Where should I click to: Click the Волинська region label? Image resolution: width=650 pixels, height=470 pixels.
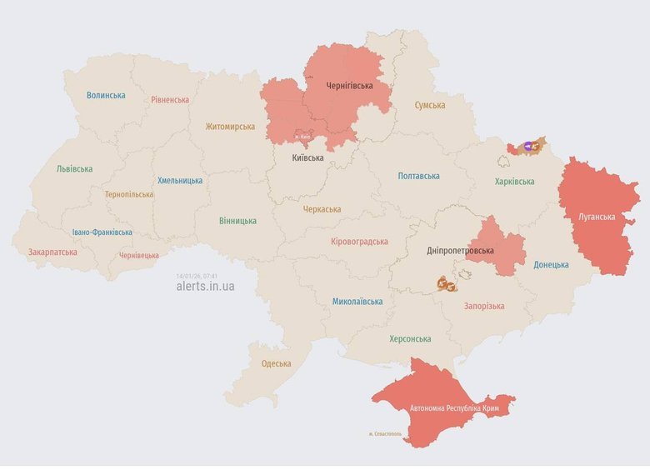[106, 95]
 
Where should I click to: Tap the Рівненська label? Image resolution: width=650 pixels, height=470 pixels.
[170, 100]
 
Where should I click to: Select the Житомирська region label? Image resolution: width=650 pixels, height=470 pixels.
[231, 127]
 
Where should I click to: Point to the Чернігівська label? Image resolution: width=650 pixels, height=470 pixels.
[348, 85]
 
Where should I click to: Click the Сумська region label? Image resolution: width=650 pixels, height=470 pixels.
[430, 105]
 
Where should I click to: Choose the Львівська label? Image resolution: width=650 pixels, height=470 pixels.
[74, 168]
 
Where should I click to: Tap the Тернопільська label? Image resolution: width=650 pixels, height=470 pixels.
[129, 194]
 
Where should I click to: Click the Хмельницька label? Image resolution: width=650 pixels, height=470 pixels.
[180, 180]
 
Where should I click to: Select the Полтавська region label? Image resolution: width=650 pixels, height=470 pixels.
[418, 176]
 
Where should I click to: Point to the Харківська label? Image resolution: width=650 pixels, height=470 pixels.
[515, 181]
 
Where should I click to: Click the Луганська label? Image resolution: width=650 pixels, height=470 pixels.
[597, 217]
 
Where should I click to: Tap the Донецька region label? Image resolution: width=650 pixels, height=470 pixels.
[551, 264]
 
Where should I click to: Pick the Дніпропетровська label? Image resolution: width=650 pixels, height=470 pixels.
[460, 251]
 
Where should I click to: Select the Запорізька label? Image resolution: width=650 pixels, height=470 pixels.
[484, 306]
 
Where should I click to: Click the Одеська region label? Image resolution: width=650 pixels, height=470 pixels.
[276, 363]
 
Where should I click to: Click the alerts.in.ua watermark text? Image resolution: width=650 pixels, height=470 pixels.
[205, 286]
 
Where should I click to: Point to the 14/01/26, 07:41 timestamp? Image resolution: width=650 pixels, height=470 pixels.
[197, 275]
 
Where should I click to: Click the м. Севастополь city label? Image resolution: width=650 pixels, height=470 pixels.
[385, 434]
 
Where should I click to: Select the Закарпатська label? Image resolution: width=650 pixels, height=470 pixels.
[52, 252]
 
